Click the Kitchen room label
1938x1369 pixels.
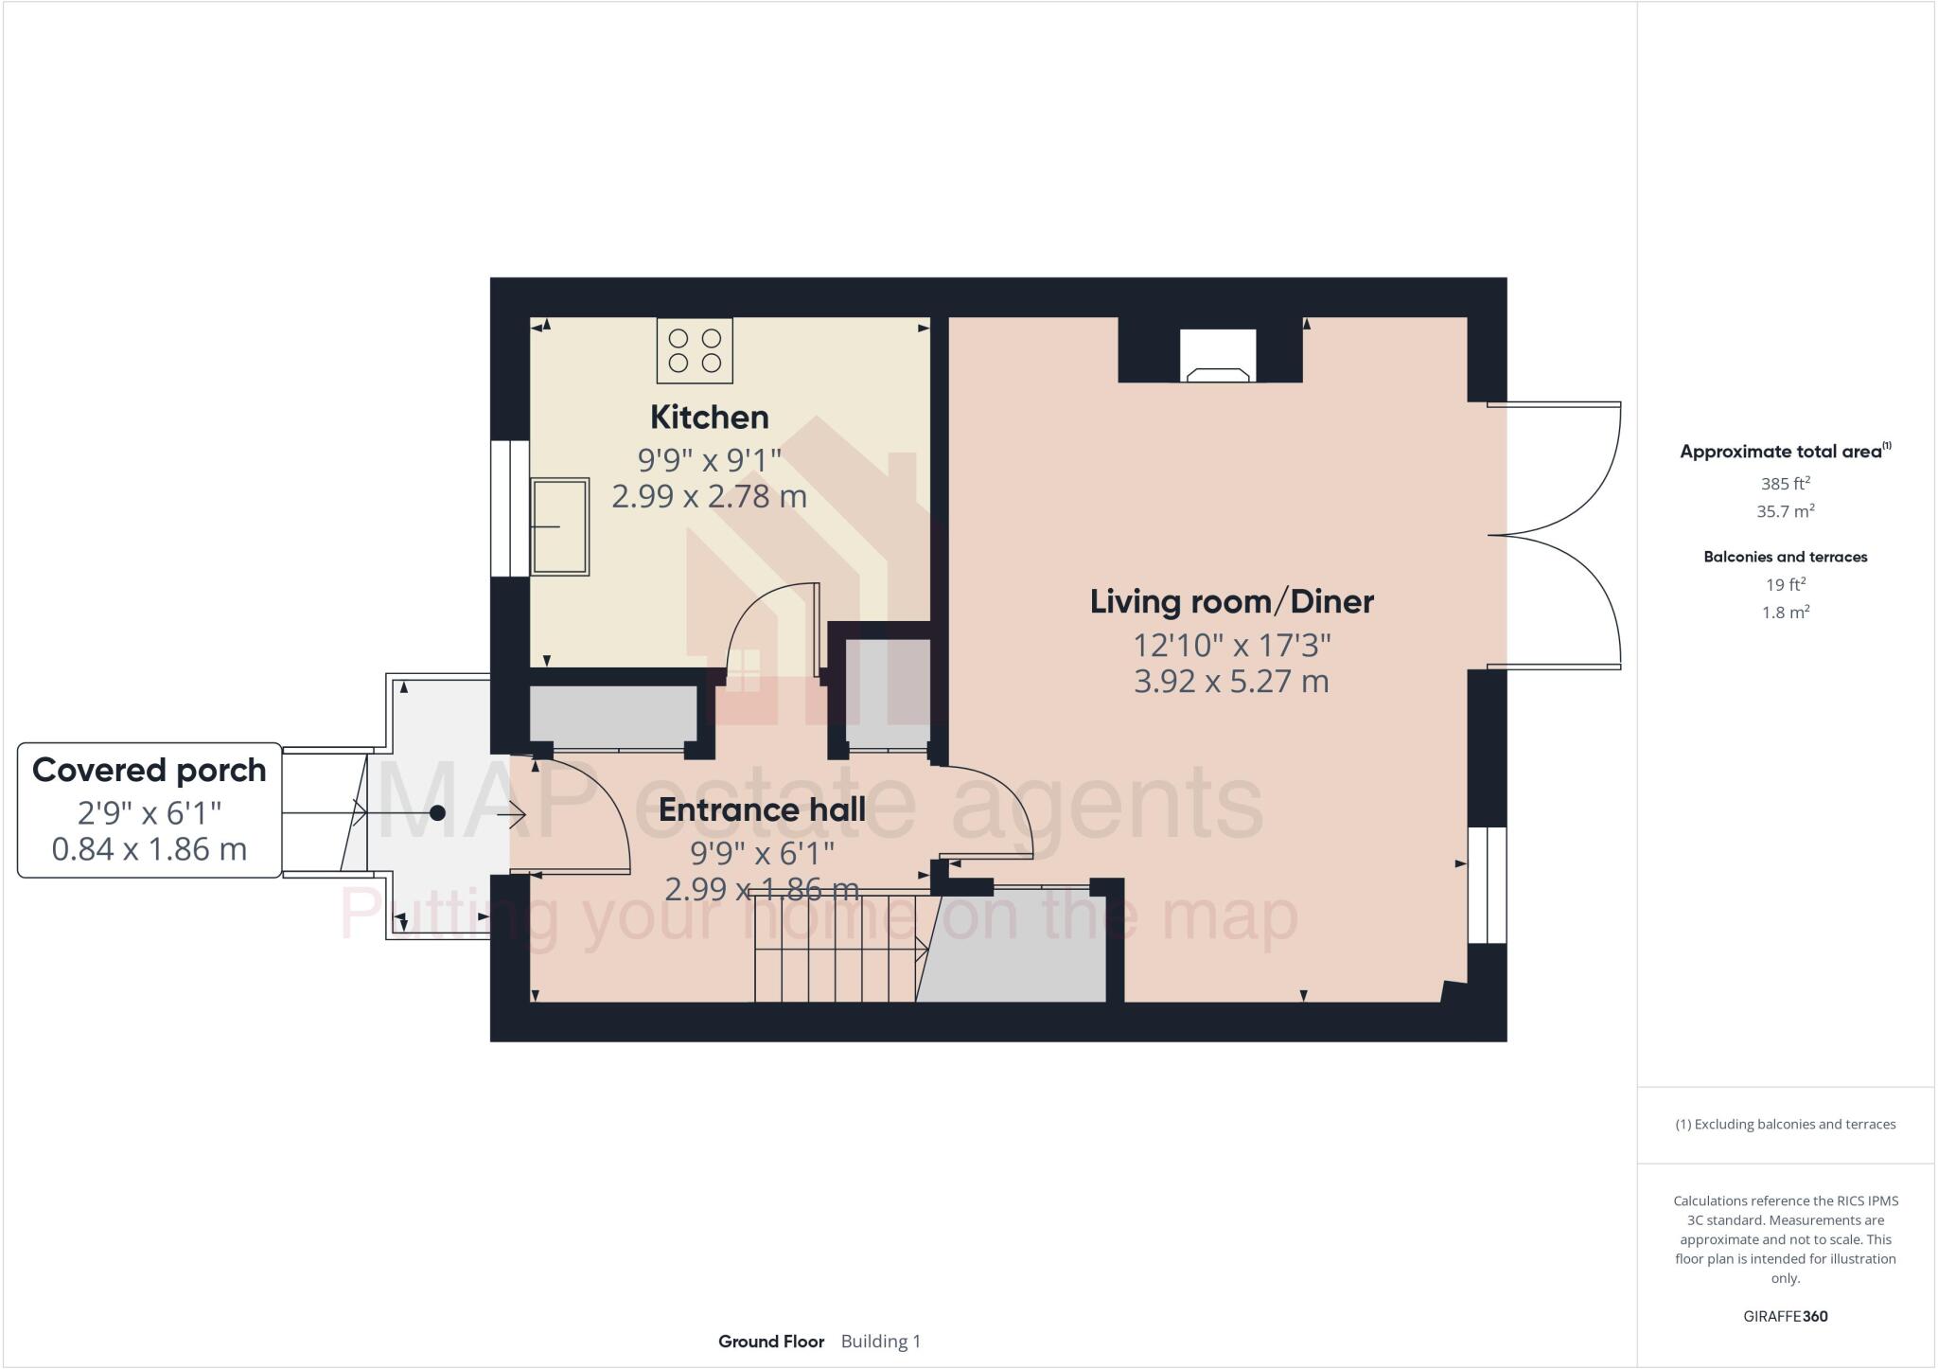[709, 417]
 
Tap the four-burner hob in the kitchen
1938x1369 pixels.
[695, 350]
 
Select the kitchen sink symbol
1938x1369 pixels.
[559, 526]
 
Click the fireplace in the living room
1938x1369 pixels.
[1218, 357]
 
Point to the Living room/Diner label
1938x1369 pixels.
[1231, 601]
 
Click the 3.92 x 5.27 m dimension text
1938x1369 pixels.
[1231, 682]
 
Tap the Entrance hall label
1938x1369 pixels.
[762, 809]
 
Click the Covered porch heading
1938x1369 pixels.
[150, 771]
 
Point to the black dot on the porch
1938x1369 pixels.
[437, 813]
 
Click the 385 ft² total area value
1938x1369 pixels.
[1785, 483]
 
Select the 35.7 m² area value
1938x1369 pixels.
[1785, 511]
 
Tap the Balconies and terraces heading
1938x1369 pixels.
[1785, 557]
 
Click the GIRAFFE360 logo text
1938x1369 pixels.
[1785, 1316]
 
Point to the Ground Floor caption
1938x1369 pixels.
[770, 1342]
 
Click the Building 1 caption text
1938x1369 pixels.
[880, 1342]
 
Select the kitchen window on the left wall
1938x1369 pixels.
[509, 508]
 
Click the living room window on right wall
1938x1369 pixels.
[1487, 885]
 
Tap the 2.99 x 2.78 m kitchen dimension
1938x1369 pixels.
[709, 496]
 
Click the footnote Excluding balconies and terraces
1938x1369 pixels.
[1785, 1125]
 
